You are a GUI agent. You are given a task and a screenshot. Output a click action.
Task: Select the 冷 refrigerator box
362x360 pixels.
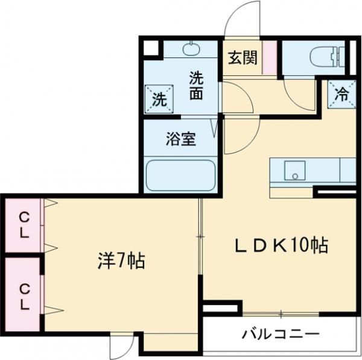point(341,93)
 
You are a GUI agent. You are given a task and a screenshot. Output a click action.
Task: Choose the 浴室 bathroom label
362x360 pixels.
point(180,139)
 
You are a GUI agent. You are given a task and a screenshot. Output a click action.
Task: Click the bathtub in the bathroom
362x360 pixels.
point(180,175)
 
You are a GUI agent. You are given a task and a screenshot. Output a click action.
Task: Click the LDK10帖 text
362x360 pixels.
point(281,245)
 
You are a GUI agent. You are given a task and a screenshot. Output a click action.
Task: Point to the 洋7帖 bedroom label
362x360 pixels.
point(121,261)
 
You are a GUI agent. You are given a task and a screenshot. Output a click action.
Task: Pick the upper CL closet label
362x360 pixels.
point(24,224)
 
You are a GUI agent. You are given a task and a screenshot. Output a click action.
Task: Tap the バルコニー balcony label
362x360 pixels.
point(281,333)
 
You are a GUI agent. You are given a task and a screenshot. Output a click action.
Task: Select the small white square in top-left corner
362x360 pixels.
point(150,48)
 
